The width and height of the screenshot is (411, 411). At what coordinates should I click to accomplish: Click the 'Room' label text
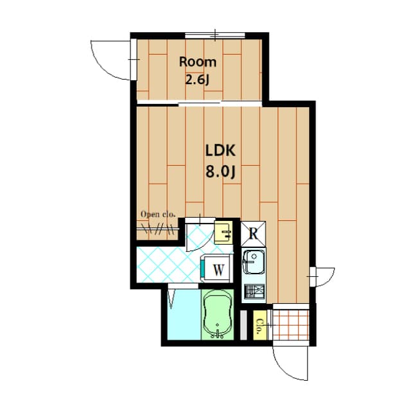[198, 62]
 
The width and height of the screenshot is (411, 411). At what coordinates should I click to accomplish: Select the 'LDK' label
[221, 152]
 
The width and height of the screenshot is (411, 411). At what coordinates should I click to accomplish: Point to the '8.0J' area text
[221, 171]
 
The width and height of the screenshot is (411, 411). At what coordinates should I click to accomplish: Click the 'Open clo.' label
[158, 214]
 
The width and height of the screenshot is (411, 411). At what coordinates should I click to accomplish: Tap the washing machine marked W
[217, 269]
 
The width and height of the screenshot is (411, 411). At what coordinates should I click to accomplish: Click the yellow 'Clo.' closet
[260, 326]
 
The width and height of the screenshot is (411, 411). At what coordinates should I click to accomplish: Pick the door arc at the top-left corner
[110, 58]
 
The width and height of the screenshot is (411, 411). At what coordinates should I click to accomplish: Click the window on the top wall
[213, 35]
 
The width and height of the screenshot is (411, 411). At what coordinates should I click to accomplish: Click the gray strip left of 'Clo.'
[243, 325]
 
